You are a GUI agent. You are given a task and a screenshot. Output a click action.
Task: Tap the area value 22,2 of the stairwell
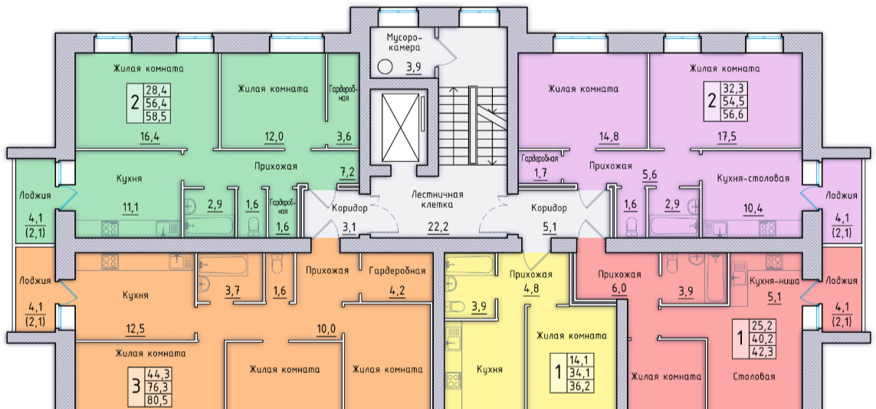[438, 226]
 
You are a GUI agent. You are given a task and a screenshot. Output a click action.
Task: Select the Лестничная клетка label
[438, 200]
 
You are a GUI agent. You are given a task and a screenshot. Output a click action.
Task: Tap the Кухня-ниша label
[775, 281]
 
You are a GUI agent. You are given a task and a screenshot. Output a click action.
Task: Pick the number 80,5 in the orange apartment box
[157, 399]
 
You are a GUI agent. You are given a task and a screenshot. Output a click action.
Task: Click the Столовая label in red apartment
[753, 377]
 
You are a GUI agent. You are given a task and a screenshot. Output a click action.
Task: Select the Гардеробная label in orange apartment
[396, 271]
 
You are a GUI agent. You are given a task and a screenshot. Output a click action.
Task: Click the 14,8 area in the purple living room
[609, 137]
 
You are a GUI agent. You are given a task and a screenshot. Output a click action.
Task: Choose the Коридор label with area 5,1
[549, 208]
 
